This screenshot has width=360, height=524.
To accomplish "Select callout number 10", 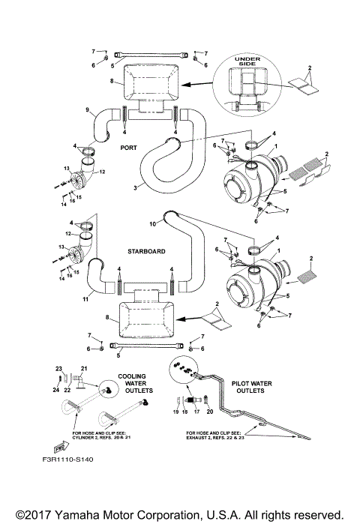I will [152, 223].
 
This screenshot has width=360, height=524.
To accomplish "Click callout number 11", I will [85, 298].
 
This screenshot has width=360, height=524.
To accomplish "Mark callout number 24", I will [56, 389].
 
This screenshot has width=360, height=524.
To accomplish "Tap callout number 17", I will [196, 412].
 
